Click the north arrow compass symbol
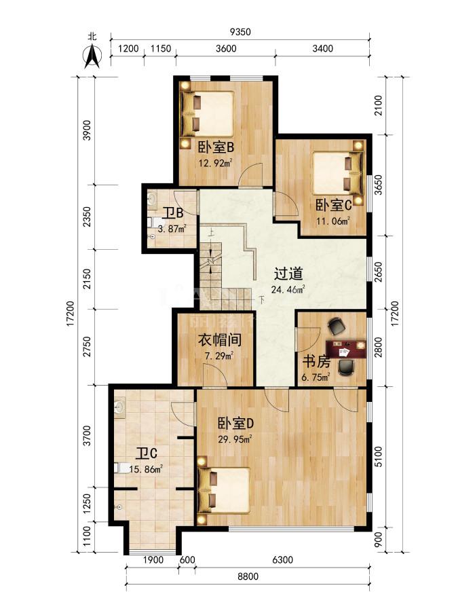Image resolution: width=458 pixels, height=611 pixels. (x=92, y=57)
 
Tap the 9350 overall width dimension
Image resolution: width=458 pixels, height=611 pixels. (x=240, y=32)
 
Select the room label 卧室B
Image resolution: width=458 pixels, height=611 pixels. (x=216, y=148)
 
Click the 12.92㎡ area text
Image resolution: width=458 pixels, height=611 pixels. (x=216, y=162)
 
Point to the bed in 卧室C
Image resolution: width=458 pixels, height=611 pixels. (x=339, y=172)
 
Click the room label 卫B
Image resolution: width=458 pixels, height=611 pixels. (x=173, y=213)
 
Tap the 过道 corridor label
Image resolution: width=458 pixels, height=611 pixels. (x=288, y=274)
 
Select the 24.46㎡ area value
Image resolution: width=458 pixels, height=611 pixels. (x=288, y=289)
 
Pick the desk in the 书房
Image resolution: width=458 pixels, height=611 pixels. (x=346, y=348)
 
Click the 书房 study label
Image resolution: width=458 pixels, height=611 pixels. (x=316, y=362)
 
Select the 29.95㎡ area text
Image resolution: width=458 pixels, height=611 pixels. (x=235, y=439)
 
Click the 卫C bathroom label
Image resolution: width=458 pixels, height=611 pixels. (x=147, y=453)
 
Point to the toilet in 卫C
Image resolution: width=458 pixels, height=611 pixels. (x=122, y=468)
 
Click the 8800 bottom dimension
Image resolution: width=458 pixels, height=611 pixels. (x=248, y=576)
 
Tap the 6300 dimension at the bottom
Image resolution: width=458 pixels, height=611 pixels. (x=282, y=560)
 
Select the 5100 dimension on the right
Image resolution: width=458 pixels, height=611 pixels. (x=378, y=456)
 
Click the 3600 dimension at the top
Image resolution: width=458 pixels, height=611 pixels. (x=225, y=48)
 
